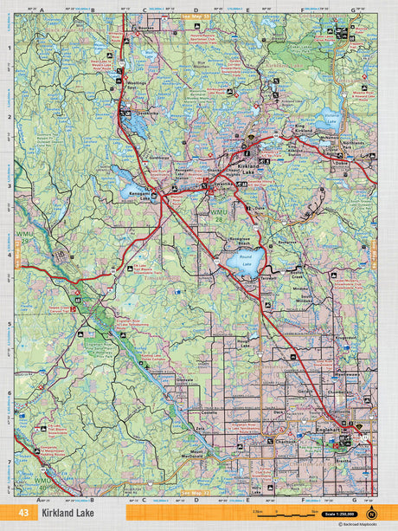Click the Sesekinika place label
click(142, 113)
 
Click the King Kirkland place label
click(307, 128)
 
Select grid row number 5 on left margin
click(9, 325)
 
